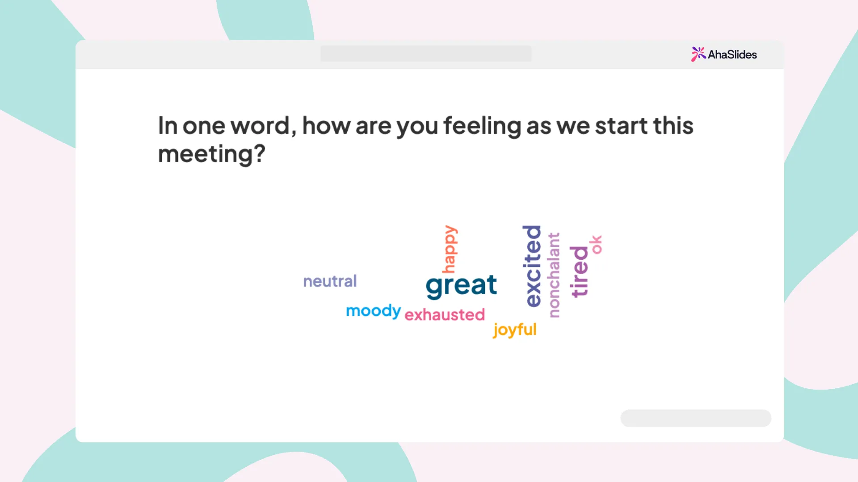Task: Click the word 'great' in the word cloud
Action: click(461, 286)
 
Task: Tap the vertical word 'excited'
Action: click(532, 266)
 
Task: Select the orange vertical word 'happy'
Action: click(450, 249)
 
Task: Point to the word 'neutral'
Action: click(330, 281)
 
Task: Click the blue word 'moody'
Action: click(374, 311)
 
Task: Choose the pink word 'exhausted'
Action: click(445, 315)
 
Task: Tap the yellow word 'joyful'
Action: click(515, 330)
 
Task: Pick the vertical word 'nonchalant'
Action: click(554, 275)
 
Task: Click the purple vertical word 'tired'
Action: click(580, 271)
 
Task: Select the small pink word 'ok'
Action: click(596, 245)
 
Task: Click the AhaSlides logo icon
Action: click(698, 54)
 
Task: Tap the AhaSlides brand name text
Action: click(732, 54)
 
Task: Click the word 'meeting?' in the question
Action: click(212, 154)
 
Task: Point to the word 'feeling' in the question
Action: click(482, 126)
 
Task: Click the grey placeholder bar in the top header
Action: click(426, 54)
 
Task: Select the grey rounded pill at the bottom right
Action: click(696, 418)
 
